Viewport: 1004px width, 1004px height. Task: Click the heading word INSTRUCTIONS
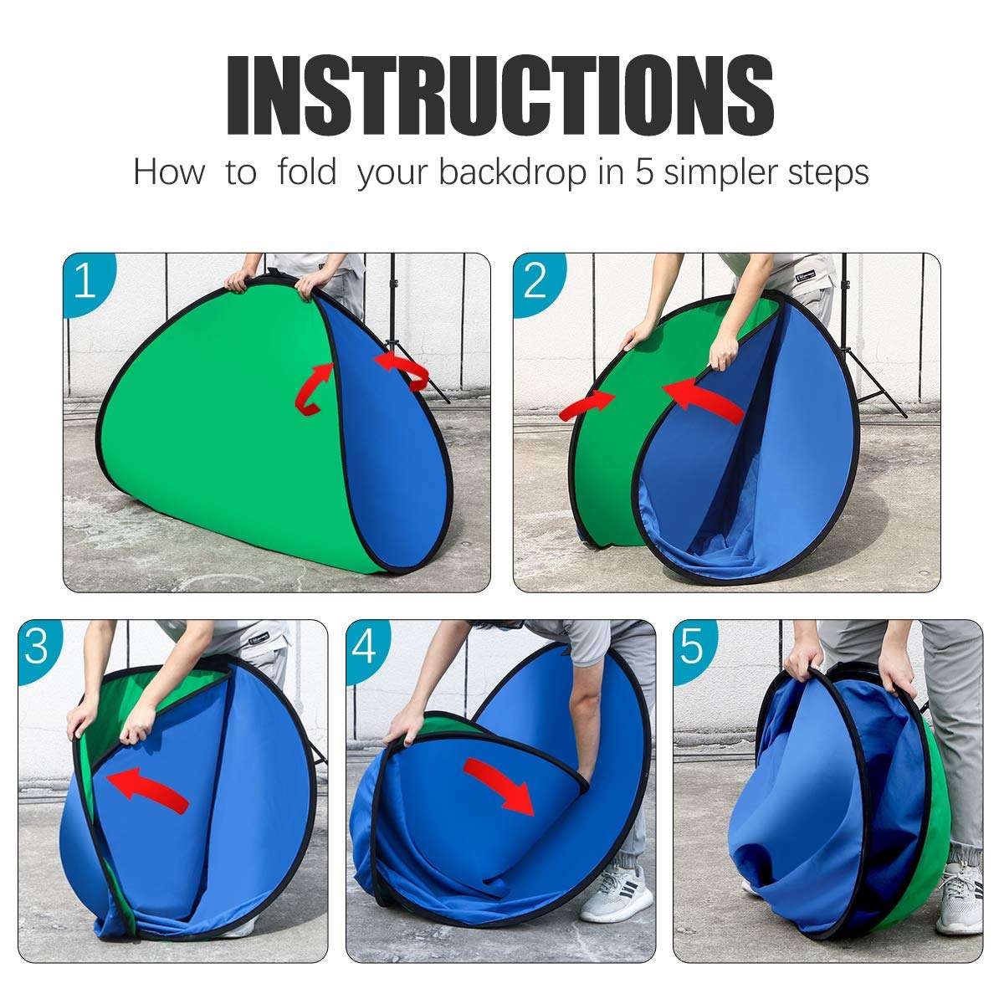pyautogui.click(x=500, y=95)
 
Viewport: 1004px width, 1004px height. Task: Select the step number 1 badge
pyautogui.click(x=85, y=283)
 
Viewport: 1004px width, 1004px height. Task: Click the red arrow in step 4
pyautogui.click(x=500, y=785)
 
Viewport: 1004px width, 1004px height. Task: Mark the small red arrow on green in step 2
pyautogui.click(x=587, y=406)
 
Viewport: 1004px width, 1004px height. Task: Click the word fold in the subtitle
pyautogui.click(x=306, y=172)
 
